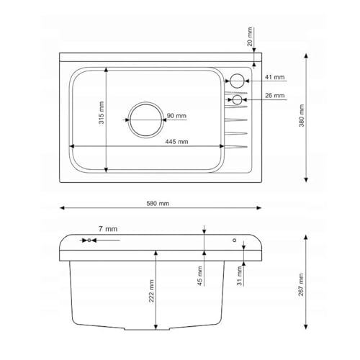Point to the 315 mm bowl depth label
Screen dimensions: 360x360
[x=102, y=115]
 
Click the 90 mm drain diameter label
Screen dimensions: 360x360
[x=176, y=116]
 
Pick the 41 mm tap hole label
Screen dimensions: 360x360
[x=274, y=76]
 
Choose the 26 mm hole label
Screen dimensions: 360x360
[x=274, y=96]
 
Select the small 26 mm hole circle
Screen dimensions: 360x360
[x=237, y=99]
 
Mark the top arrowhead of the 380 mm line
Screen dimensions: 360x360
[x=307, y=55]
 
